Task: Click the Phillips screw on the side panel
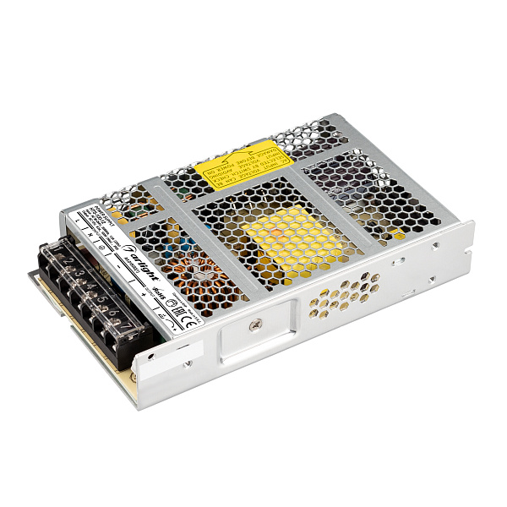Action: (254, 322)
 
